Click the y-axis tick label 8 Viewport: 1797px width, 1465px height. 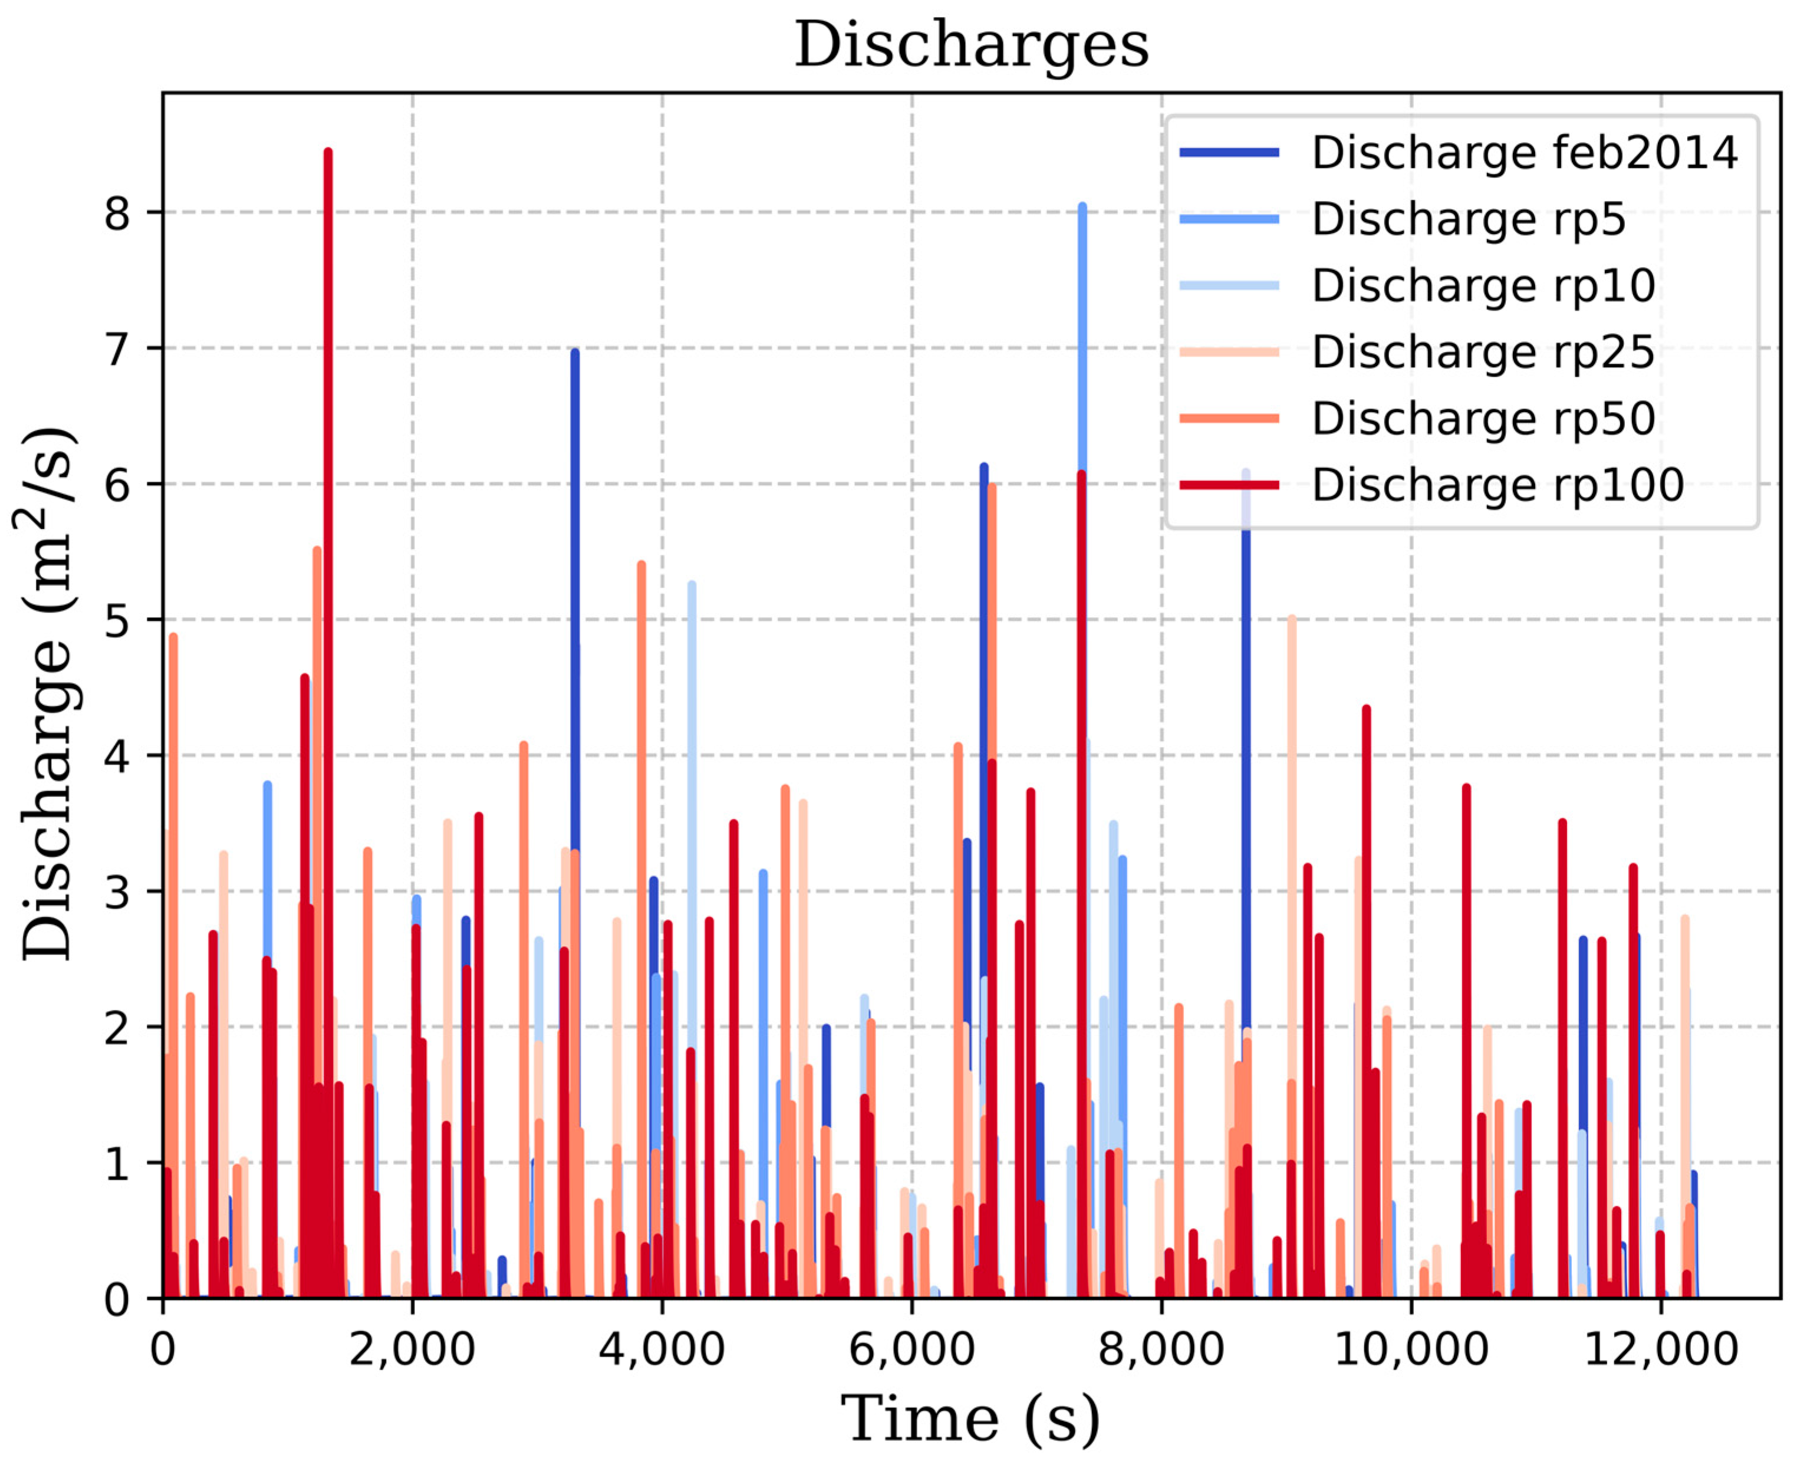[118, 213]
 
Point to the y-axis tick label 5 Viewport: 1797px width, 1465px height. [118, 620]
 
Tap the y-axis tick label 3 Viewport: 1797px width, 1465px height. [118, 892]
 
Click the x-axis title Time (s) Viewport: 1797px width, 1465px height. [970, 1418]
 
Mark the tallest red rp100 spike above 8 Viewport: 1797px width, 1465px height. [327, 152]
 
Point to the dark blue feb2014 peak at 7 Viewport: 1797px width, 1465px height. [575, 352]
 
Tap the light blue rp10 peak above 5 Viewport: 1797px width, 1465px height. [692, 584]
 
